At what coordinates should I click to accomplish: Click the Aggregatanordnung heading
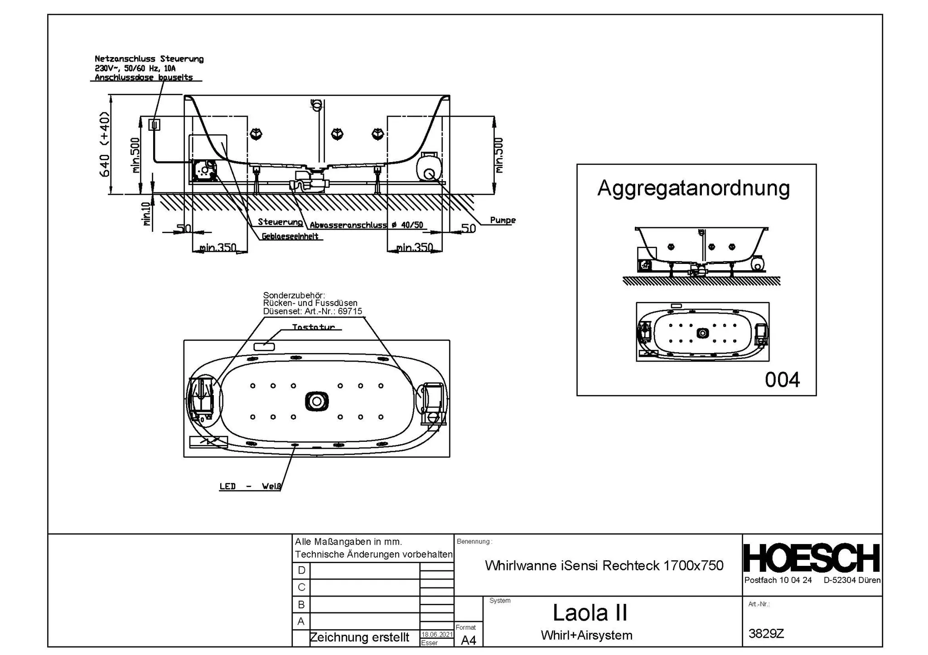pyautogui.click(x=693, y=188)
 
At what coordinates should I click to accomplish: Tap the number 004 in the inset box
pyautogui.click(x=782, y=380)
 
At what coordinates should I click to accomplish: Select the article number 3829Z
pyautogui.click(x=766, y=633)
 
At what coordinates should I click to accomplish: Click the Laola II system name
pyautogui.click(x=590, y=613)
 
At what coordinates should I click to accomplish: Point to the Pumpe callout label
pyautogui.click(x=503, y=220)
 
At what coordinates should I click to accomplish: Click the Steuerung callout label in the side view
pyautogui.click(x=280, y=222)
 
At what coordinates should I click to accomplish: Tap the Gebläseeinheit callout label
pyautogui.click(x=290, y=236)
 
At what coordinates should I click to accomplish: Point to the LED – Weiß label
pyautogui.click(x=250, y=487)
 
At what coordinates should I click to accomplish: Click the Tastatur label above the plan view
pyautogui.click(x=314, y=327)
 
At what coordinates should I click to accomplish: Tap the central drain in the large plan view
pyautogui.click(x=317, y=401)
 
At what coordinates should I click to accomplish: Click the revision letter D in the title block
pyautogui.click(x=301, y=570)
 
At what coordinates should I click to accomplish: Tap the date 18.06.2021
pyautogui.click(x=437, y=635)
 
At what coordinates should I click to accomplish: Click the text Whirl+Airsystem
pyautogui.click(x=586, y=636)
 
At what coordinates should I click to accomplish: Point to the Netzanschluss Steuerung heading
pyautogui.click(x=149, y=59)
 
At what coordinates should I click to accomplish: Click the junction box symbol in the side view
pyautogui.click(x=155, y=124)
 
